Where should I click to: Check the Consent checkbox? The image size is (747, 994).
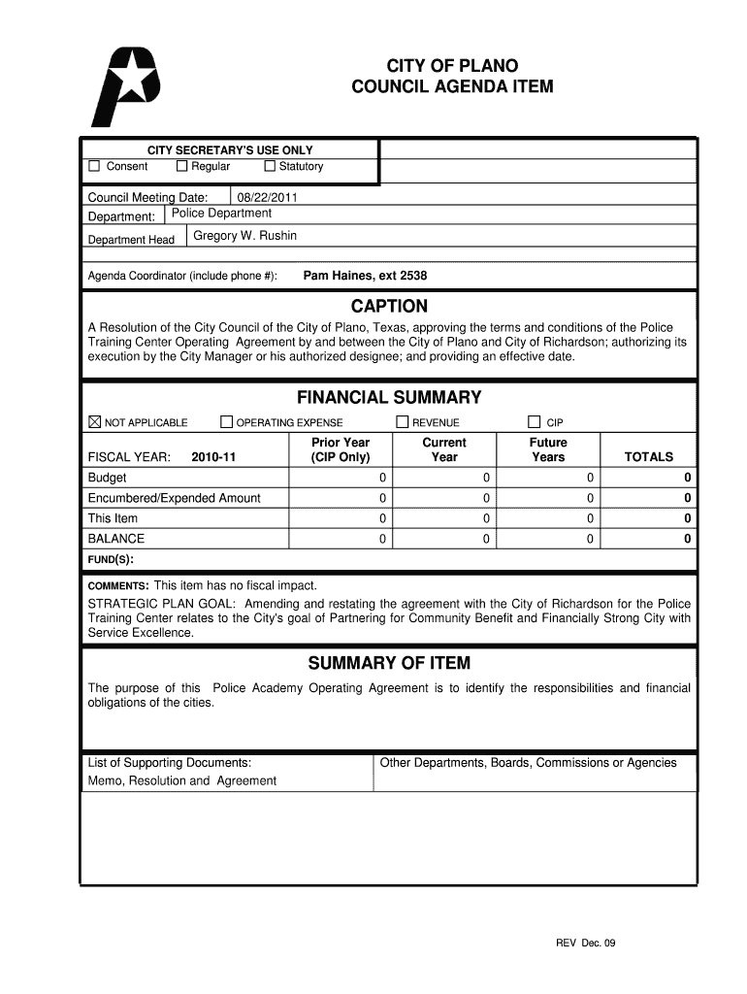pos(94,167)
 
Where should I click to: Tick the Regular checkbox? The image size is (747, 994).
pos(181,167)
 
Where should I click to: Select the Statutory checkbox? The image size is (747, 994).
pos(270,167)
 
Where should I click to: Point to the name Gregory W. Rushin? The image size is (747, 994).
pos(245,236)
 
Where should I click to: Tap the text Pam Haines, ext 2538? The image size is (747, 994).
pos(365,276)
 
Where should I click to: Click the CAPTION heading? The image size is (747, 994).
pos(389,307)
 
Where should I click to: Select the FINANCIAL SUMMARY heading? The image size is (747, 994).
pos(389,398)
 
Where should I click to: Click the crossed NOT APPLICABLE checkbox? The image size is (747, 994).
pos(94,422)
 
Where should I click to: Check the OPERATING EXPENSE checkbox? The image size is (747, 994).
pos(226,422)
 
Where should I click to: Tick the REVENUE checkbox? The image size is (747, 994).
pos(403,422)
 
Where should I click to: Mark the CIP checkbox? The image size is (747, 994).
pos(534,422)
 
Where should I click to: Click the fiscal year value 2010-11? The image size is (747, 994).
pos(214,457)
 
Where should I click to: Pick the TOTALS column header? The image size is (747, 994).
pos(648,457)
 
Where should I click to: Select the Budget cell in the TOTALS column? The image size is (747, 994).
pos(687,478)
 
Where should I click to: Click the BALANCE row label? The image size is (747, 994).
pos(116,539)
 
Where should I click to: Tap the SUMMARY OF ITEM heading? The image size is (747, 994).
pos(389,664)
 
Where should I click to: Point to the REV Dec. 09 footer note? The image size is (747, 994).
pos(586,943)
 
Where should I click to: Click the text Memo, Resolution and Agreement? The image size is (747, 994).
pos(182,780)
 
